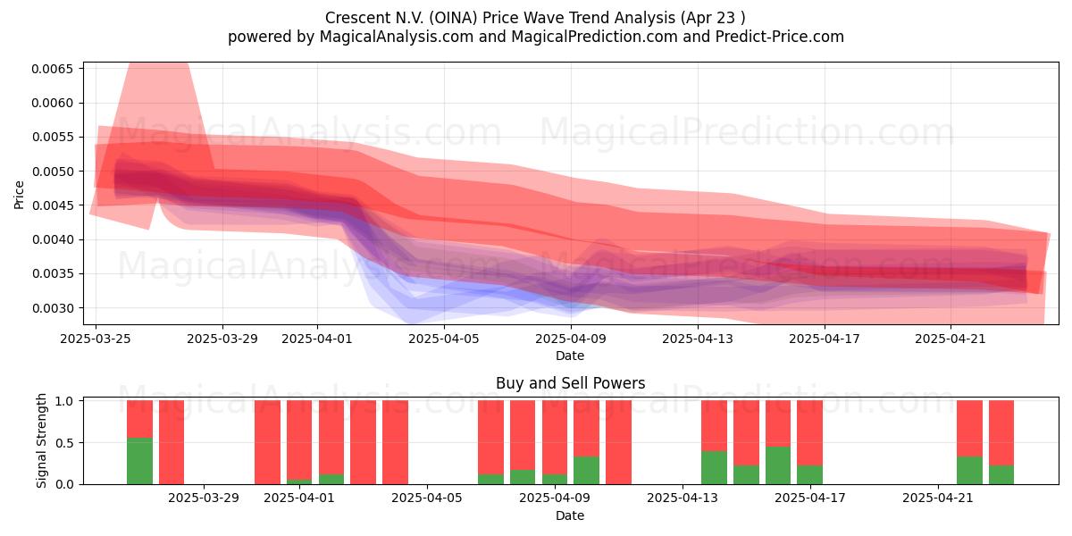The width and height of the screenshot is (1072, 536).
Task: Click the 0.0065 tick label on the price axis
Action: pyautogui.click(x=53, y=69)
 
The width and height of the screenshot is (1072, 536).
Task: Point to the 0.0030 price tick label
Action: pyautogui.click(x=53, y=308)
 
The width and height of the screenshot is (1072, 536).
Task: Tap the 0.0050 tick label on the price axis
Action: pyautogui.click(x=53, y=172)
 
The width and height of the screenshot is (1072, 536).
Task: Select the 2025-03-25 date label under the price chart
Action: pyautogui.click(x=96, y=339)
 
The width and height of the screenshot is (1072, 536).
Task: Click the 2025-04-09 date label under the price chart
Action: pyautogui.click(x=571, y=339)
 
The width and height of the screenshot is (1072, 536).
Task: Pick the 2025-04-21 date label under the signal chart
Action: pyautogui.click(x=938, y=498)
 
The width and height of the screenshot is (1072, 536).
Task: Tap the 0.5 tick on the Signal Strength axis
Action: pyautogui.click(x=64, y=443)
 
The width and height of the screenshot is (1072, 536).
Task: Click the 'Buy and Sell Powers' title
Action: pyautogui.click(x=571, y=383)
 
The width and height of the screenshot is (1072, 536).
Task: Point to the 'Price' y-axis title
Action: pyautogui.click(x=19, y=196)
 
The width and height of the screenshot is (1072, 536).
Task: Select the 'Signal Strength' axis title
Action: pyautogui.click(x=42, y=440)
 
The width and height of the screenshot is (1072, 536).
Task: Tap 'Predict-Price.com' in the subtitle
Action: pyautogui.click(x=780, y=37)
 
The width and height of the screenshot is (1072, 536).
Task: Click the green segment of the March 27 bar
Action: pyautogui.click(x=139, y=461)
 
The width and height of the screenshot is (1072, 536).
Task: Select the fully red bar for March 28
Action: pyautogui.click(x=172, y=442)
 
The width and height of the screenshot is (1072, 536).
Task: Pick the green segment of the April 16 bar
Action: pyautogui.click(x=778, y=465)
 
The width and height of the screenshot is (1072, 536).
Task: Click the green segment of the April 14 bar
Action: pyautogui.click(x=714, y=467)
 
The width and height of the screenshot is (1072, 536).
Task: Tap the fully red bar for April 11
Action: pyautogui.click(x=618, y=442)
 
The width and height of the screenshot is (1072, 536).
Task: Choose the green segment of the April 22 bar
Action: pyautogui.click(x=969, y=471)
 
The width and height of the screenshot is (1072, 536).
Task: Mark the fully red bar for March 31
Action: pyautogui.click(x=267, y=442)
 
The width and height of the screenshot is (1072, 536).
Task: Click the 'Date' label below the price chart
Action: pyautogui.click(x=570, y=356)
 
